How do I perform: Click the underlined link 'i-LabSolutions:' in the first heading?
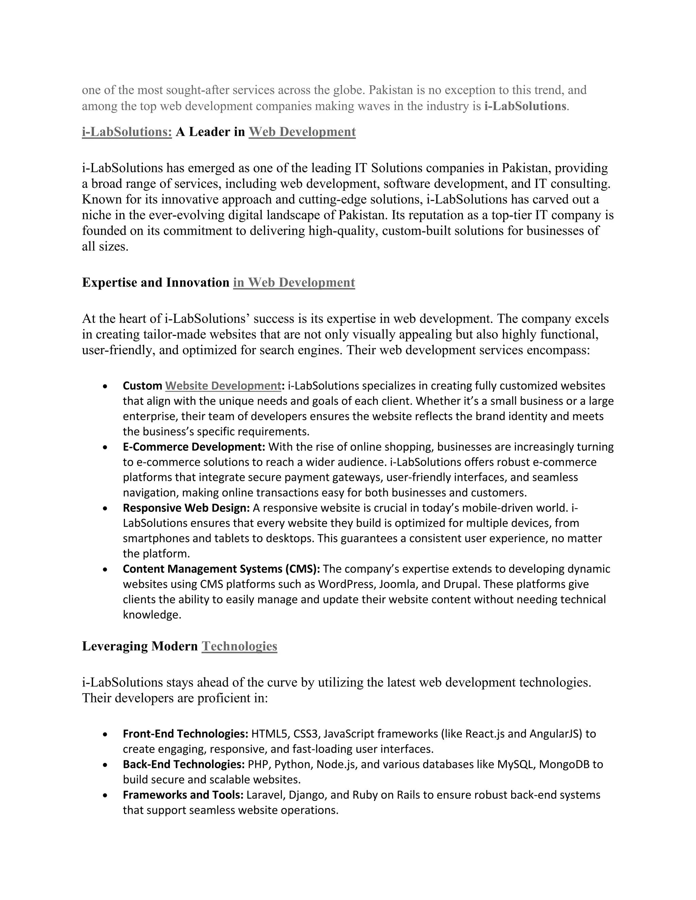click(126, 132)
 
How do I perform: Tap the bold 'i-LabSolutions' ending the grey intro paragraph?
click(525, 106)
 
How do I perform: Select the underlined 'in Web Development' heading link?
click(294, 283)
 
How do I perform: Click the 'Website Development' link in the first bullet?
click(223, 386)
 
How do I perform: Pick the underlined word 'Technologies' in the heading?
click(239, 646)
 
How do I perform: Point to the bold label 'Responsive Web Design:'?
click(186, 508)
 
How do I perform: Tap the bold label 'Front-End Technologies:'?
click(185, 734)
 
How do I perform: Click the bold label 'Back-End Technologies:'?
click(184, 764)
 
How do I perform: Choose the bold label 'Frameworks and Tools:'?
click(183, 795)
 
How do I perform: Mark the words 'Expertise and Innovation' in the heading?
click(155, 283)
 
